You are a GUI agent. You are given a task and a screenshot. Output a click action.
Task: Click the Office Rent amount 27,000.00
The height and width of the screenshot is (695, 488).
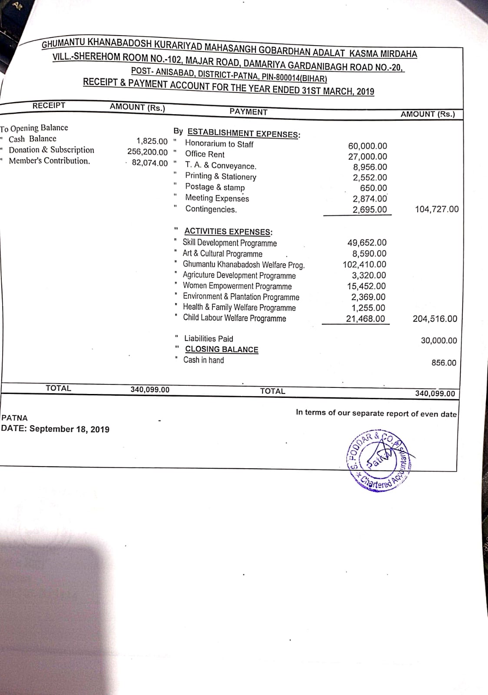coord(367,156)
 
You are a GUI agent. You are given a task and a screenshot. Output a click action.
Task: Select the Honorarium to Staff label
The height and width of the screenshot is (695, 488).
coord(219,144)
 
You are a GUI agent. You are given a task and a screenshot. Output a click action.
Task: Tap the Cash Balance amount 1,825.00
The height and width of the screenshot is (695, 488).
coord(152,141)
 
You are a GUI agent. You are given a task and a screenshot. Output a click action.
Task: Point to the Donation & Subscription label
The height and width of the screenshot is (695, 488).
coord(51,150)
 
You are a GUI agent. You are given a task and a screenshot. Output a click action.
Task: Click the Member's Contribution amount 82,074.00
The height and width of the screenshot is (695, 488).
coord(149,163)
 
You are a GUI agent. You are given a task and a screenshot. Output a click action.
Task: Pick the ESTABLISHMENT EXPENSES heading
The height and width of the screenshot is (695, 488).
coord(243,133)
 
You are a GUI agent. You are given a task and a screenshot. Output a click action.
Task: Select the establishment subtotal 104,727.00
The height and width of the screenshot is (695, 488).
coord(436,209)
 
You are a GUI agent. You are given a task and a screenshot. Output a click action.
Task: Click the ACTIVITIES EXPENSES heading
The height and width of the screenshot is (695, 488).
coord(228,232)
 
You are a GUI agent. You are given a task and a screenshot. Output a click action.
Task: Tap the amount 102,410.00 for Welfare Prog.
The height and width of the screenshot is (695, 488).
coord(365,265)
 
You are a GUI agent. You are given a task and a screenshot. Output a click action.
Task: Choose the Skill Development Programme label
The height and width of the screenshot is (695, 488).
coord(229,243)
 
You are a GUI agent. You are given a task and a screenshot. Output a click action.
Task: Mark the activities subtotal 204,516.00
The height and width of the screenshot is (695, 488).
coord(435,319)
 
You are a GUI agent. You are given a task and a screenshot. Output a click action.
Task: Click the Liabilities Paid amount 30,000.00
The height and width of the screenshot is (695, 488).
coord(439,341)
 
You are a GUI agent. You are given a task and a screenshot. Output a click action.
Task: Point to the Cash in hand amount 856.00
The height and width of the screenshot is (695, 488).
coord(444,363)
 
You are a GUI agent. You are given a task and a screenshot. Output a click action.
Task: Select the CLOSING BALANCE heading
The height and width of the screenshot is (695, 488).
coord(222,349)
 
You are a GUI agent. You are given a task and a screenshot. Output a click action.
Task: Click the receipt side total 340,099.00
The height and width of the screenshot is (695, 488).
coord(150,390)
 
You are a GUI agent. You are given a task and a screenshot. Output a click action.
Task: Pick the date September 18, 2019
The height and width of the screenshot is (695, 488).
coord(69,429)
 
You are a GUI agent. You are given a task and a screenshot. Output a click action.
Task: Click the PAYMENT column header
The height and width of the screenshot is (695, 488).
coord(249,112)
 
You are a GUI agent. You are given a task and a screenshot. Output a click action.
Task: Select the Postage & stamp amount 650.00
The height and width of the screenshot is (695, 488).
coord(373,188)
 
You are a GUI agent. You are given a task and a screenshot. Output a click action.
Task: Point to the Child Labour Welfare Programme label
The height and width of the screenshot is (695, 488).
coord(235,318)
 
